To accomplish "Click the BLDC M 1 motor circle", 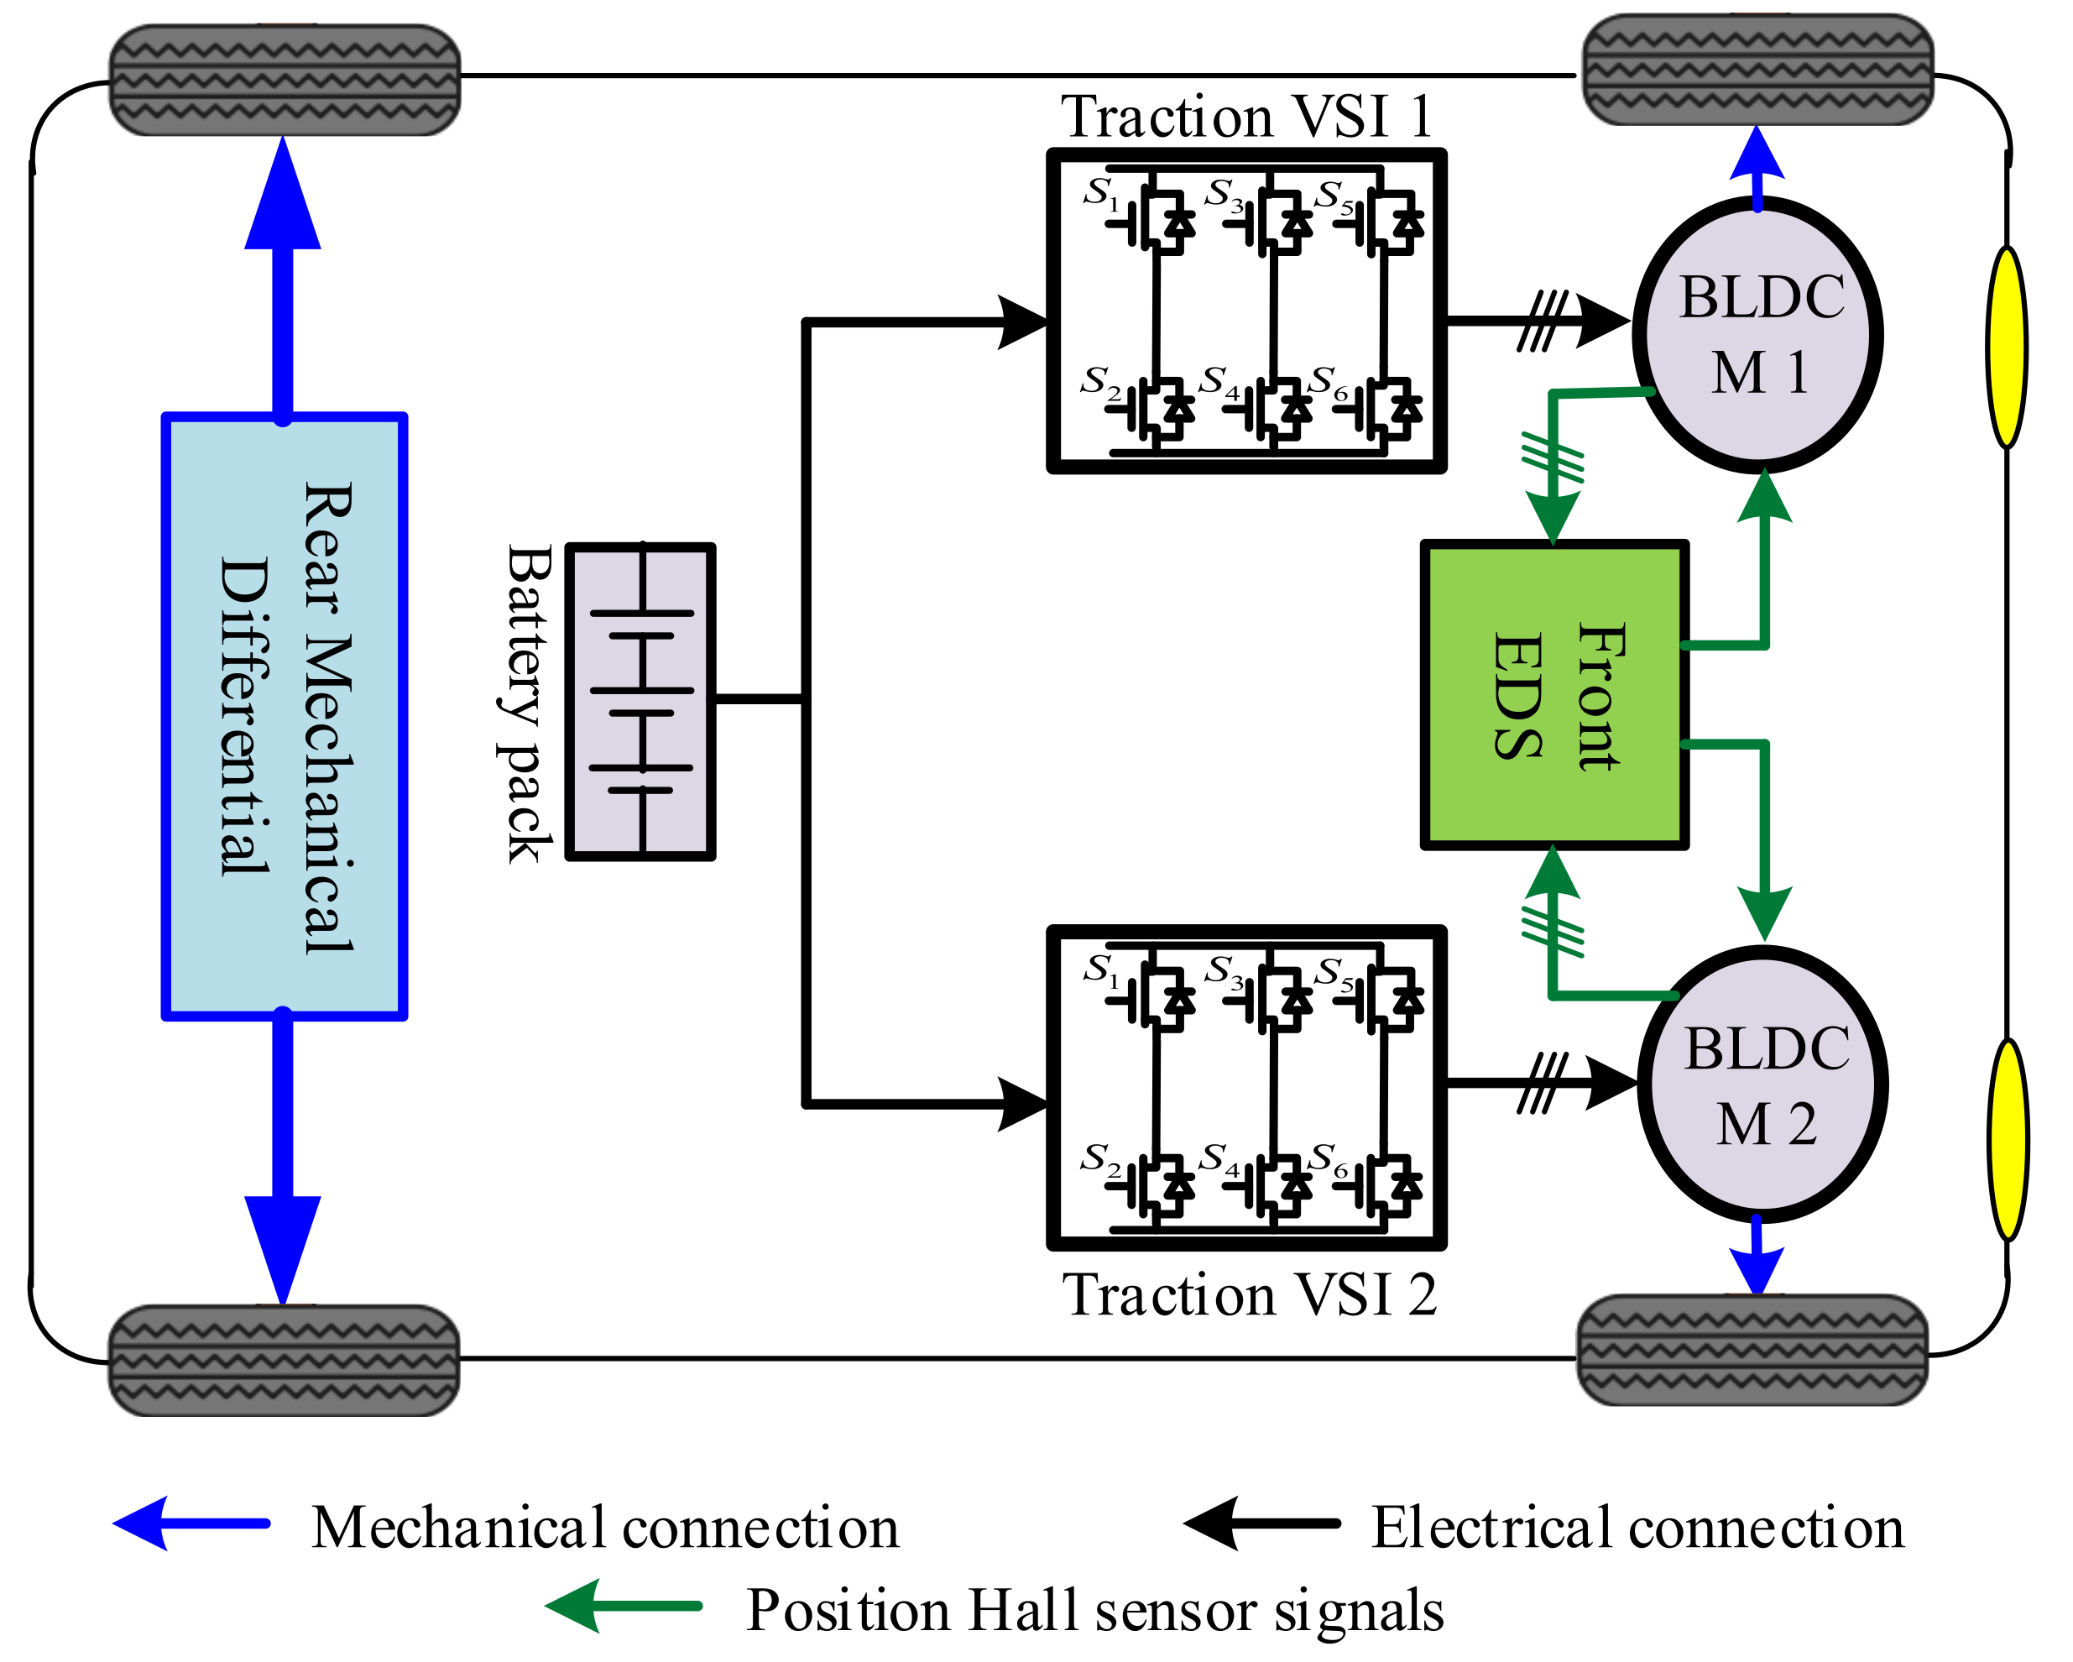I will [1757, 335].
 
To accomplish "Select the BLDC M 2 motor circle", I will [1763, 1084].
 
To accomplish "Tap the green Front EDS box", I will [1554, 695].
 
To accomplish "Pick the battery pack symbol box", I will [640, 701].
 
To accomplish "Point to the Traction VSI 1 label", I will [1246, 118].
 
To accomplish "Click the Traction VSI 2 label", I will [1249, 1295].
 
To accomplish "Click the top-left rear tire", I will [285, 80].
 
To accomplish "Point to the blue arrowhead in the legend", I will [144, 1523].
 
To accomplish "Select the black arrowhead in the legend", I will [1214, 1523].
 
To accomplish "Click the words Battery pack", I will [527, 703].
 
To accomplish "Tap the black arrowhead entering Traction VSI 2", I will [1022, 1103].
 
